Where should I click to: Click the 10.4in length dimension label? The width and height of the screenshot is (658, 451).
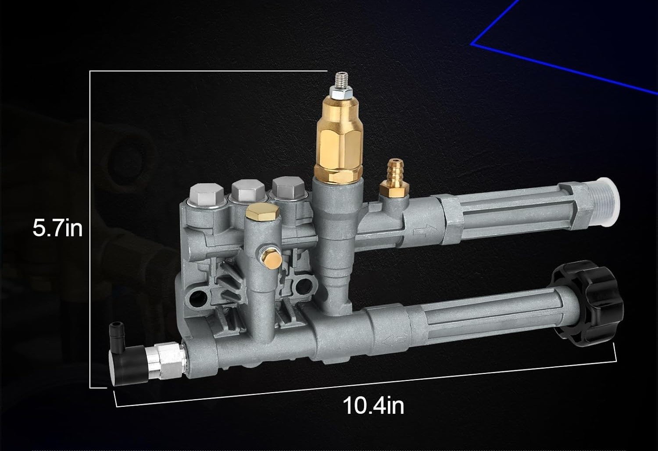(x=373, y=405)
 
